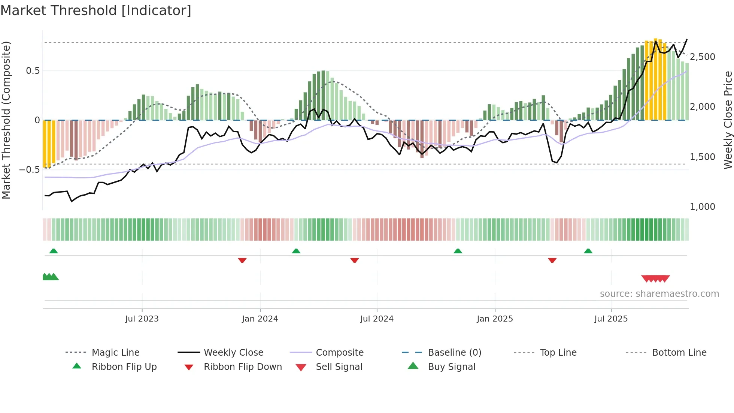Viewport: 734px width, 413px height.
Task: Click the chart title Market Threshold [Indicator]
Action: pos(96,10)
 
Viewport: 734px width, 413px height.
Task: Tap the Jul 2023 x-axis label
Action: pos(142,319)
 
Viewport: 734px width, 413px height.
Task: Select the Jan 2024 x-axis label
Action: pos(260,319)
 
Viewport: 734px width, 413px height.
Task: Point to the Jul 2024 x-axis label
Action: pos(377,319)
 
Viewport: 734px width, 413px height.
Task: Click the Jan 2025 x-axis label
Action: pos(495,319)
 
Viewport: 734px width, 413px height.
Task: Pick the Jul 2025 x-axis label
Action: pos(611,319)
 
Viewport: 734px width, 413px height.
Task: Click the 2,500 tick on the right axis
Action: pos(702,57)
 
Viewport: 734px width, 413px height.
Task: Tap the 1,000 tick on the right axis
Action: pos(702,207)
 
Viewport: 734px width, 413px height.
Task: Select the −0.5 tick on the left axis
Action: pos(30,170)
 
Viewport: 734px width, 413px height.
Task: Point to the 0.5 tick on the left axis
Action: pos(33,71)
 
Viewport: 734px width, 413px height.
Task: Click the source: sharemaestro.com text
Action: pos(659,294)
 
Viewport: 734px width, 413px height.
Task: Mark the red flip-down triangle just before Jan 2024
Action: pos(242,260)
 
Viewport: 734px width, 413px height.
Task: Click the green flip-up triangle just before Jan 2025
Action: pos(458,251)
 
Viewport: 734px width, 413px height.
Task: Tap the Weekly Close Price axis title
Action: pos(728,120)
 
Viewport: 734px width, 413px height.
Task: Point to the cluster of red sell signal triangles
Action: pos(655,278)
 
